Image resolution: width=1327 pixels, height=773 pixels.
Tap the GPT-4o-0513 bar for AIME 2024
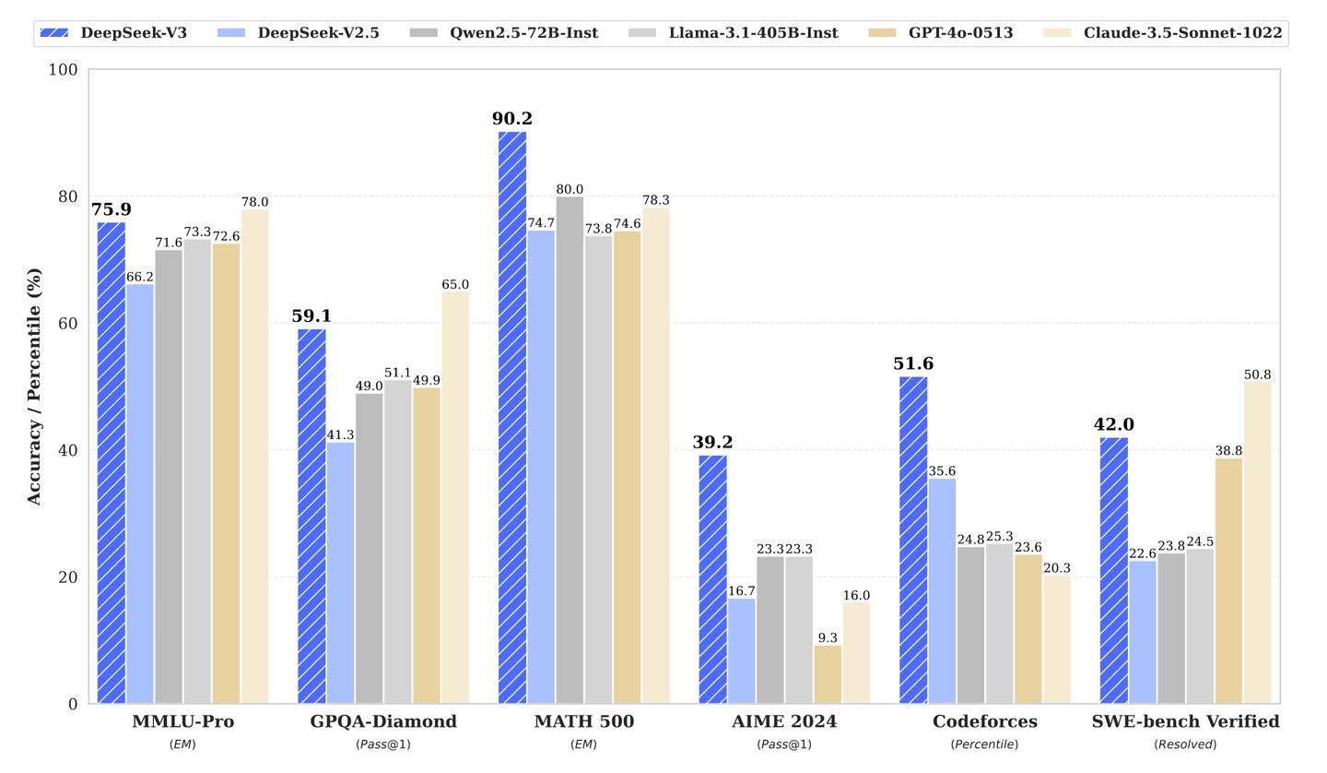[x=828, y=674]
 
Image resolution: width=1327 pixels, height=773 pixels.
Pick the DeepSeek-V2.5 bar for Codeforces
[x=942, y=590]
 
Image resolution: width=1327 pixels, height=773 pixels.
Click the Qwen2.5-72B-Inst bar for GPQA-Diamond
[x=370, y=548]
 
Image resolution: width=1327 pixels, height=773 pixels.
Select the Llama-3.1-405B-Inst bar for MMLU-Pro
[x=197, y=470]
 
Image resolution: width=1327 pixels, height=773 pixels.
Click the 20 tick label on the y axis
[x=69, y=577]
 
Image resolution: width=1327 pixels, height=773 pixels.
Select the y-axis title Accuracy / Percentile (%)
[x=34, y=386]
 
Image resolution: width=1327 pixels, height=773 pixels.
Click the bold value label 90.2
[x=512, y=119]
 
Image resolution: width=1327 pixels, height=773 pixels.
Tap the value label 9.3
[x=828, y=636]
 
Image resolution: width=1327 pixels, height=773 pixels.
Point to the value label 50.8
[x=1257, y=375]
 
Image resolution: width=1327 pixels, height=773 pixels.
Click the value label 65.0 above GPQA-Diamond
[x=455, y=285]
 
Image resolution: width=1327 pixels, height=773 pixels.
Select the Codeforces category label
[x=984, y=721]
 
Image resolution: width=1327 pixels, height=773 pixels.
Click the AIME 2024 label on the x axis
[x=784, y=721]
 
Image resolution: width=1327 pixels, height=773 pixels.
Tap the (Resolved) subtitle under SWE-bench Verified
[x=1185, y=744]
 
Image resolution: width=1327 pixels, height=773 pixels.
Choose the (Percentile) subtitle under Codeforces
[x=984, y=744]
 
